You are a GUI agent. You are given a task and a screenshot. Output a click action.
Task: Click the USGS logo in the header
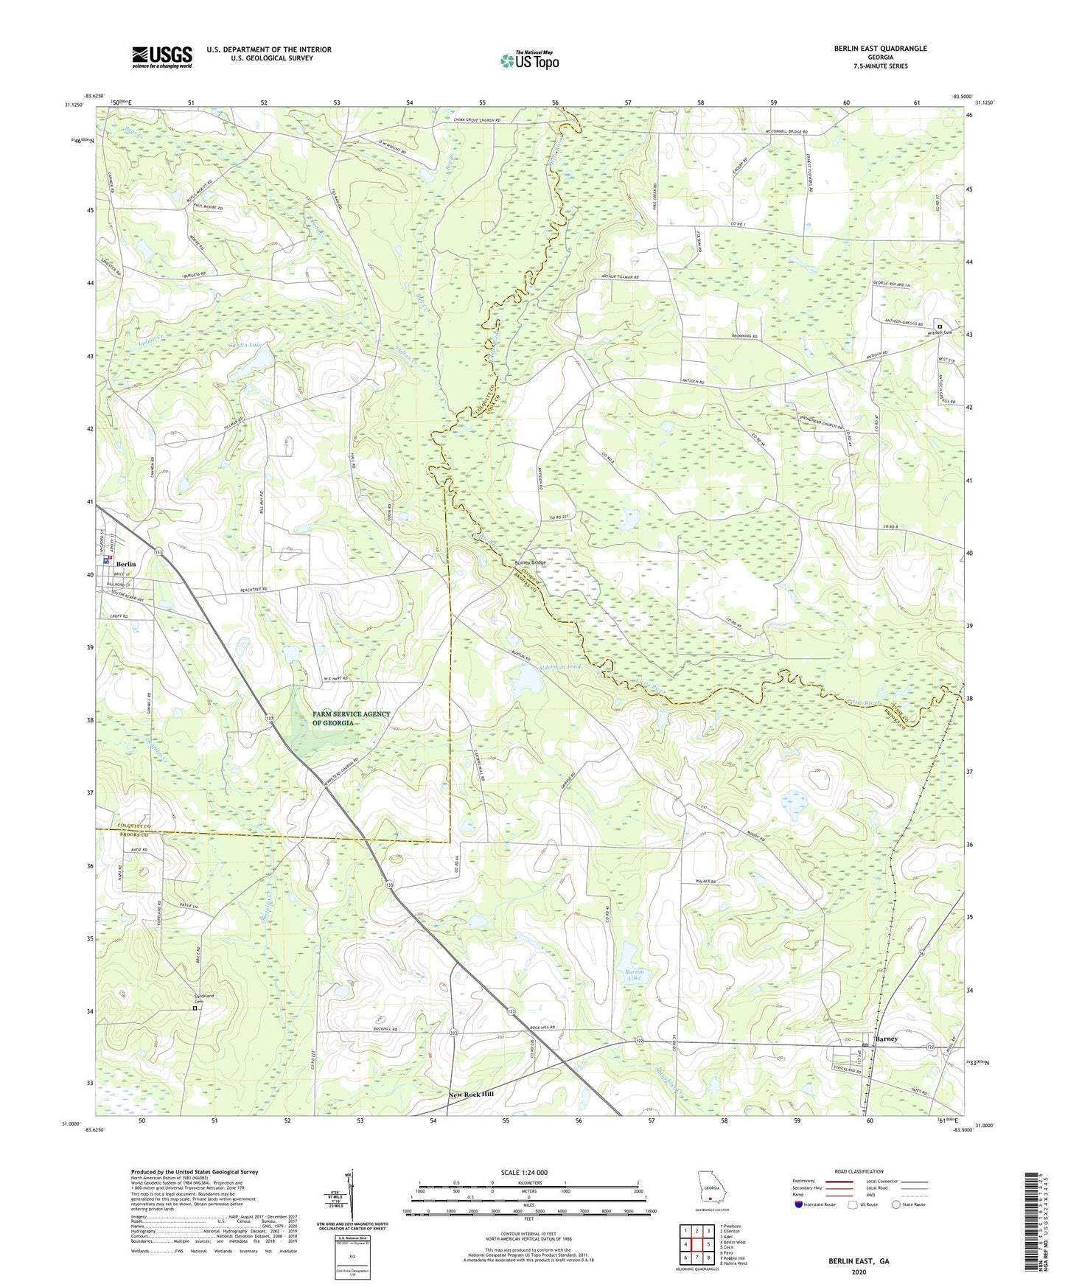(162, 57)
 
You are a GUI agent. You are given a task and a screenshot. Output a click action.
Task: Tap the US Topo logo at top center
(529, 60)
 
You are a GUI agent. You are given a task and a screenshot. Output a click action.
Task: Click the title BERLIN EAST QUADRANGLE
(880, 49)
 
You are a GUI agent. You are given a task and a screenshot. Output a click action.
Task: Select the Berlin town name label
(126, 564)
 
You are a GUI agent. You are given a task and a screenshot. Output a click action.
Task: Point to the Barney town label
(885, 1039)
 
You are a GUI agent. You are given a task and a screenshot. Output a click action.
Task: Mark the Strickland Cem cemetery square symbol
(195, 1008)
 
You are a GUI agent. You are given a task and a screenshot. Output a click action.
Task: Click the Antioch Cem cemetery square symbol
(939, 327)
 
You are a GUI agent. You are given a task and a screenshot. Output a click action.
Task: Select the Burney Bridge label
(530, 562)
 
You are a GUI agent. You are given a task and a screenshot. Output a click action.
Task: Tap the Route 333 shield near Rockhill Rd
(453, 1035)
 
